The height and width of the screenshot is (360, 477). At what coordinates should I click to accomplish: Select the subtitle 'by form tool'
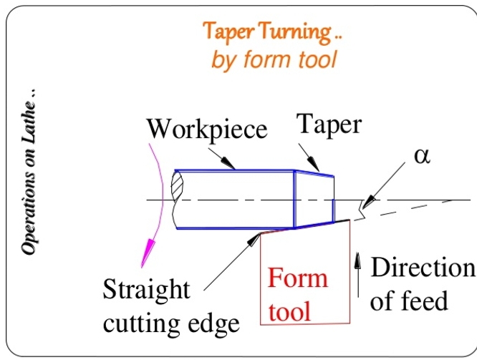pyautogui.click(x=273, y=59)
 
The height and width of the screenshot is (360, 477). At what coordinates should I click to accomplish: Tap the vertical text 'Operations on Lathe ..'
pyautogui.click(x=29, y=172)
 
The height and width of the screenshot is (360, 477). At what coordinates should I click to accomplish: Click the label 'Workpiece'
pyautogui.click(x=206, y=130)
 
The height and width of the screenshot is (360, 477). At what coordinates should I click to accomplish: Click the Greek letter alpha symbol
pyautogui.click(x=423, y=156)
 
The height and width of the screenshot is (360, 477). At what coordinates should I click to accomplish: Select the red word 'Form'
pyautogui.click(x=298, y=278)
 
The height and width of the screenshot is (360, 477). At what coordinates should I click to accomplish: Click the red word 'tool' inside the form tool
pyautogui.click(x=290, y=310)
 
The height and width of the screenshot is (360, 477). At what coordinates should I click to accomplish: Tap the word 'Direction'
pyautogui.click(x=423, y=268)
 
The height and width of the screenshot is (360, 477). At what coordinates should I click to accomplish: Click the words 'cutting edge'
pyautogui.click(x=171, y=323)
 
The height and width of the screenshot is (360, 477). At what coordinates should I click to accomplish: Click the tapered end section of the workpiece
pyautogui.click(x=314, y=200)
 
